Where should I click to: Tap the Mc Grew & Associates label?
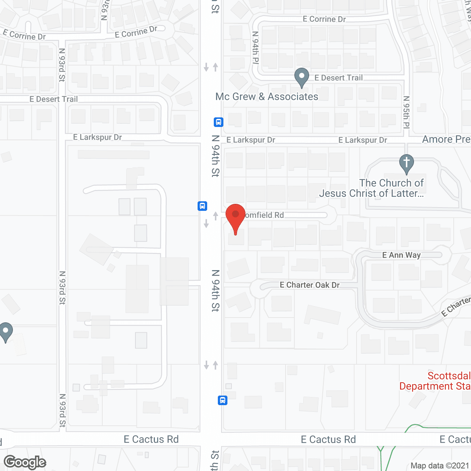click(267, 97)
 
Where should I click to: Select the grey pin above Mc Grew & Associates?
click(302, 77)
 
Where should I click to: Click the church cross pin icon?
click(406, 163)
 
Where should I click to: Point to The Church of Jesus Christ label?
click(372, 188)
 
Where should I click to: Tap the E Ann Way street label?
click(401, 255)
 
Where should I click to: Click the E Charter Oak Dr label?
click(309, 285)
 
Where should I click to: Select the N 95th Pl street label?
click(406, 112)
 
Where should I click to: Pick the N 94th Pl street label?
click(255, 48)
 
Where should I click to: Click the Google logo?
click(25, 462)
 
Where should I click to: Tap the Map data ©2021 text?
click(440, 466)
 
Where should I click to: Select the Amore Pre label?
click(446, 139)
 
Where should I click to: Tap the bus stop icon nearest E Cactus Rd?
click(223, 400)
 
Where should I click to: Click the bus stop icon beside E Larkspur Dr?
click(219, 122)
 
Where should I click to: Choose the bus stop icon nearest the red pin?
click(202, 206)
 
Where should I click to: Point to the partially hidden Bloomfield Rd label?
click(264, 215)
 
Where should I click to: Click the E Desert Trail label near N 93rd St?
click(54, 99)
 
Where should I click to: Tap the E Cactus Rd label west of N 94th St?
click(151, 439)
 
